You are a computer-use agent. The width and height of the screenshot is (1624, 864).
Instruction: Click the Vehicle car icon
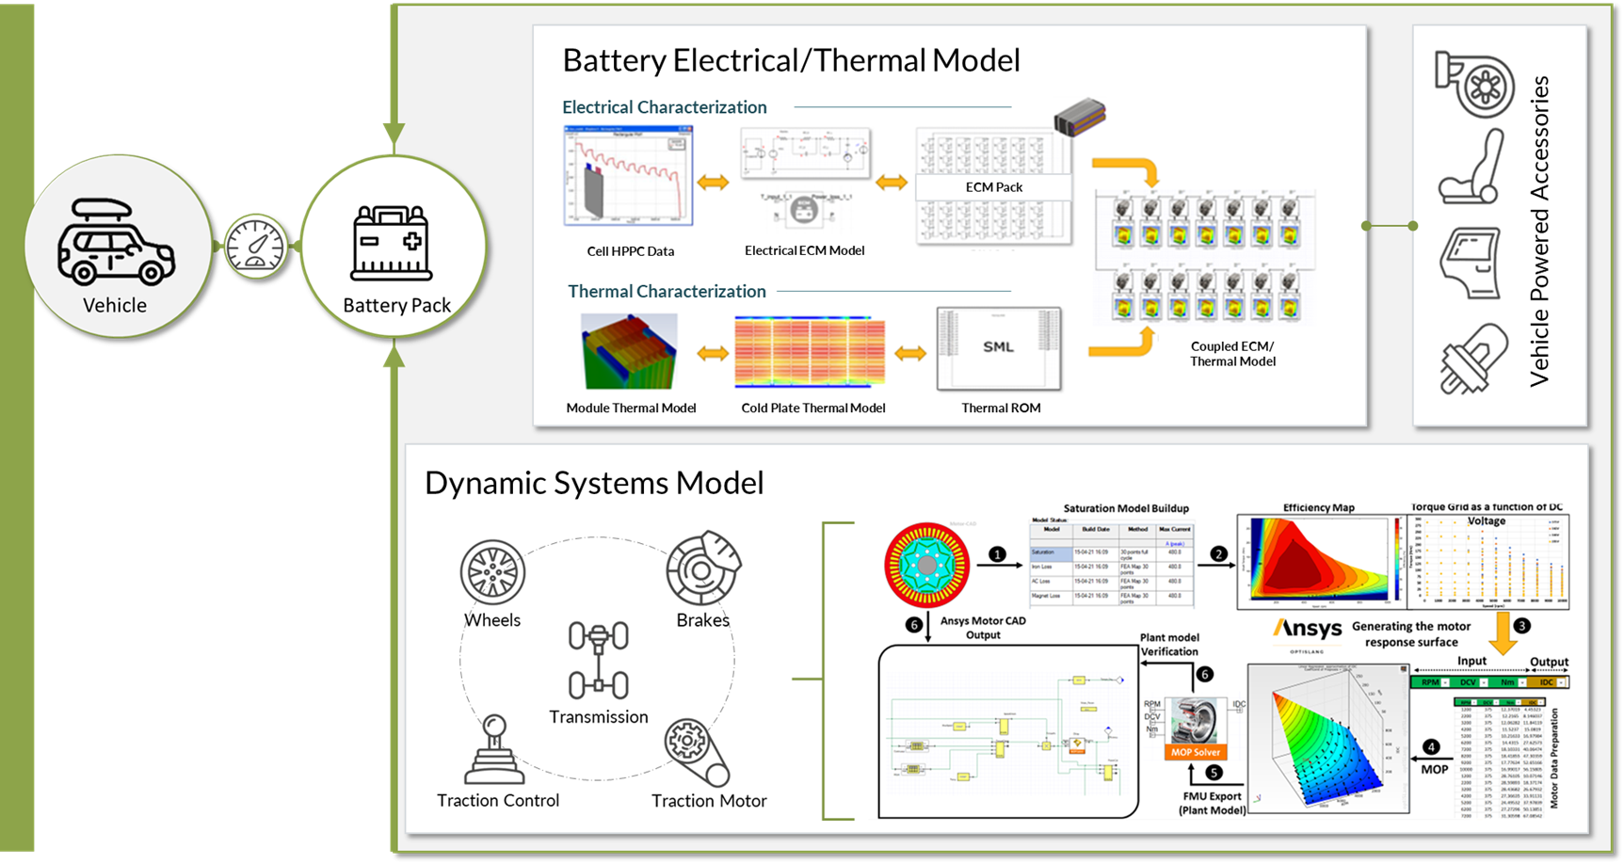[x=115, y=242]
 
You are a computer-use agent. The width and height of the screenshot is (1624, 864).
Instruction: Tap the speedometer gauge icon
[x=255, y=247]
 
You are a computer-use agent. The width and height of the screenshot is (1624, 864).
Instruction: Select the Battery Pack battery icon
[x=391, y=244]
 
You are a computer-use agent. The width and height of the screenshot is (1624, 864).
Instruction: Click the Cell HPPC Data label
[x=630, y=251]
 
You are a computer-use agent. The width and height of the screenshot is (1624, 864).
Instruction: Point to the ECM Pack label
[x=993, y=187]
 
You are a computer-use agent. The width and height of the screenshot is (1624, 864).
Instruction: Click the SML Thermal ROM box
[x=999, y=348]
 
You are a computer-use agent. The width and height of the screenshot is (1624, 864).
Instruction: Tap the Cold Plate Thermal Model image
[x=810, y=353]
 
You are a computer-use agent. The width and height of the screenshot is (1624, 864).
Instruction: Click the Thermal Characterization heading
[x=667, y=292]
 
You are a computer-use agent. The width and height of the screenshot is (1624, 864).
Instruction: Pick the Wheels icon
[x=492, y=572]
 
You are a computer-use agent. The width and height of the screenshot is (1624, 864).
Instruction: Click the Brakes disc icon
[x=703, y=568]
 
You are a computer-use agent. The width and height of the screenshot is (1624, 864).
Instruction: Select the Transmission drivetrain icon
[x=598, y=660]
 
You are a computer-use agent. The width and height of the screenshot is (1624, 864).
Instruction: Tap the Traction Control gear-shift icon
[x=495, y=750]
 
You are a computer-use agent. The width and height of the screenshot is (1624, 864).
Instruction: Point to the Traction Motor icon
[x=697, y=752]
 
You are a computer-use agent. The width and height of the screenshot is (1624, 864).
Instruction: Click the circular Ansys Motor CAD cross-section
[x=927, y=564]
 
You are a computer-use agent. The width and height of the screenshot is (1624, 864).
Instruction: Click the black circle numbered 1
[x=997, y=554]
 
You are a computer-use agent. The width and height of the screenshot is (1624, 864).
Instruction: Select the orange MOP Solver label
[x=1195, y=752]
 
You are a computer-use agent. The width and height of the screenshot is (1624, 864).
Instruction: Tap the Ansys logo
[x=1308, y=629]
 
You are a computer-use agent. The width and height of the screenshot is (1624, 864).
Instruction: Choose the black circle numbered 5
[x=1214, y=773]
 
